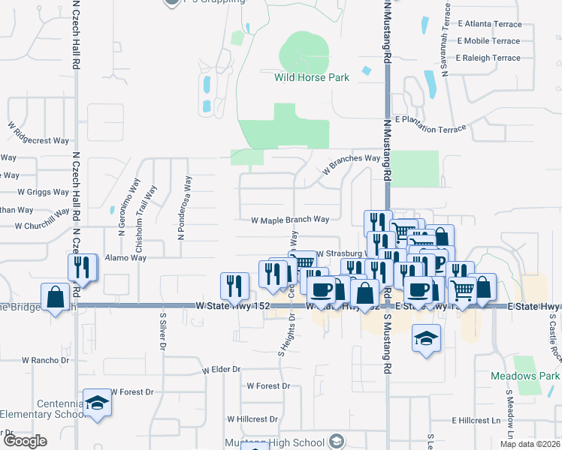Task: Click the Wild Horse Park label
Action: [301, 77]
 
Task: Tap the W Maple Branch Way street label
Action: [290, 220]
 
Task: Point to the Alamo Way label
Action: [125, 257]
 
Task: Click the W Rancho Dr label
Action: [45, 360]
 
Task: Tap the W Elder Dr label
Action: [221, 370]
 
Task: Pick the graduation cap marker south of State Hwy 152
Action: [426, 338]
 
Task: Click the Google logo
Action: [24, 441]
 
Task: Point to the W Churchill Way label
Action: [36, 226]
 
